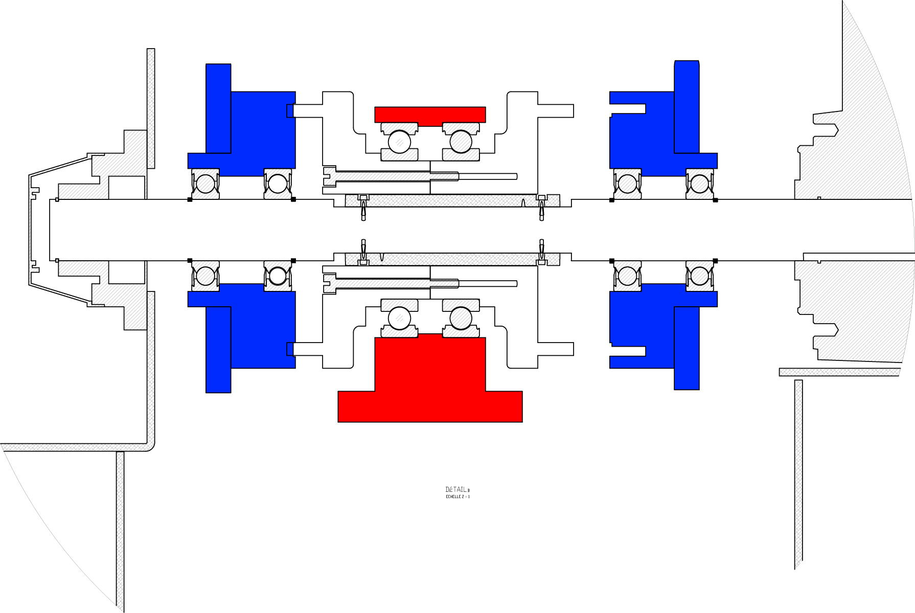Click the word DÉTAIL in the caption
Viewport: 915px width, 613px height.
[456, 489]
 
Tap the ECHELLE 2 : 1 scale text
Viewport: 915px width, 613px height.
[457, 496]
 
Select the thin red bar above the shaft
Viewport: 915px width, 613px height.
[430, 115]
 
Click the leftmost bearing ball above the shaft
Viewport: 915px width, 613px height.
[205, 184]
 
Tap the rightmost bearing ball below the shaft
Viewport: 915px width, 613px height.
[700, 277]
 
